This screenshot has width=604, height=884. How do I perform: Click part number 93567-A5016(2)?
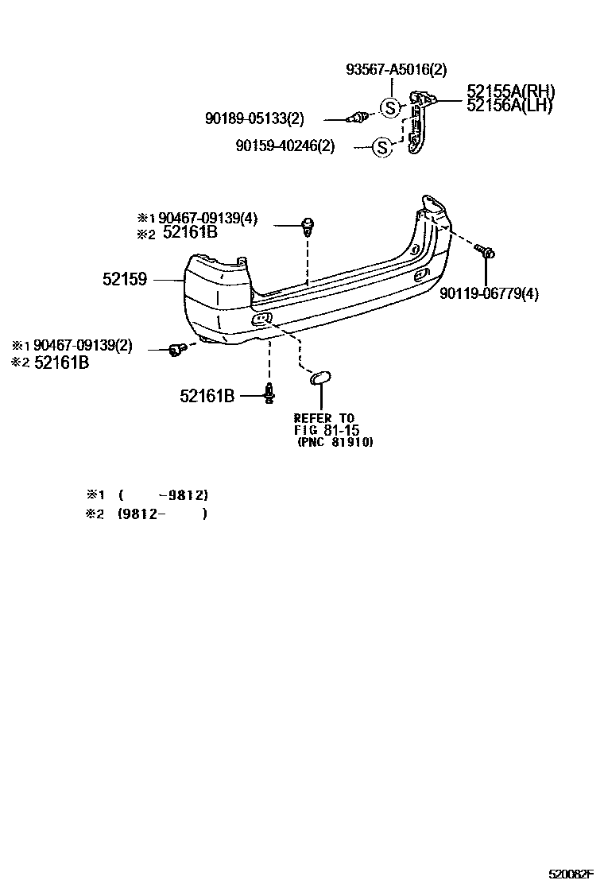397,70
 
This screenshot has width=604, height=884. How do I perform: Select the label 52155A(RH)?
510,91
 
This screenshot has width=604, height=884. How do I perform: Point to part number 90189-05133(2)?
254,119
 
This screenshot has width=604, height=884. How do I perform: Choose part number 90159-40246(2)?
285,146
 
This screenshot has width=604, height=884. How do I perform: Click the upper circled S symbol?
390,107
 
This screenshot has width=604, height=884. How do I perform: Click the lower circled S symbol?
382,146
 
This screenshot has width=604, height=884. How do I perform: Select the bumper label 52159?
125,279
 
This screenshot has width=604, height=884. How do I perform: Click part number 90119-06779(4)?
489,294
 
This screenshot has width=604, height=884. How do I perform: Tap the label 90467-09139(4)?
207,219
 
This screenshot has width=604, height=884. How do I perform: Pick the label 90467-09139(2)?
83,346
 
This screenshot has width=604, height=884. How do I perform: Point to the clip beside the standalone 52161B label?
272,391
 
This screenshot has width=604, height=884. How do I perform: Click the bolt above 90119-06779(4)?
486,252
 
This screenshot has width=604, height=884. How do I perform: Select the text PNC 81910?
335,441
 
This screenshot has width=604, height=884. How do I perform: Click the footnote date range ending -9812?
163,494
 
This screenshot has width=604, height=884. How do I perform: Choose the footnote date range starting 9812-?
163,514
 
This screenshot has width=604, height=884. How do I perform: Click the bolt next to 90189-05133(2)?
358,119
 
